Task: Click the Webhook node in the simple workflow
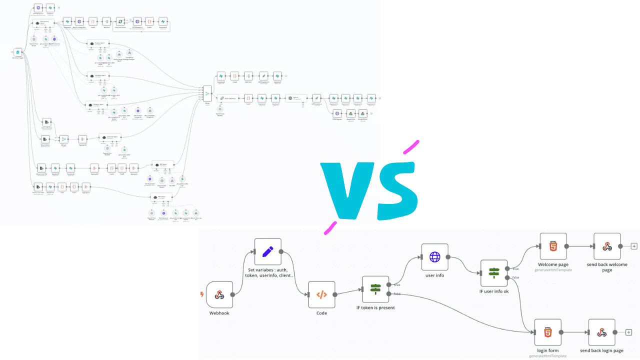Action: [x=219, y=294]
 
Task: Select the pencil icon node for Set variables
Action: [x=268, y=251]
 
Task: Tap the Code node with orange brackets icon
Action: [x=321, y=294]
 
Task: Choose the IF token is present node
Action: [x=375, y=289]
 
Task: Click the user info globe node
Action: [x=434, y=257]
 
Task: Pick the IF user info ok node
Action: [x=494, y=273]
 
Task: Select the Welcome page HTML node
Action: [x=553, y=246]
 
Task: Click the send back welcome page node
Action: [x=607, y=246]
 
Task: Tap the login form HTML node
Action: [x=547, y=332]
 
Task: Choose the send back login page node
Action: [x=601, y=332]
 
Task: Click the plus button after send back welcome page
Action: [x=634, y=246]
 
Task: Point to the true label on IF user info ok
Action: [x=515, y=268]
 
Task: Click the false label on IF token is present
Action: [x=397, y=294]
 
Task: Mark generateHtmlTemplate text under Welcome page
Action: [x=553, y=270]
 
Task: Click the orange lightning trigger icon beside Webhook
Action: [x=202, y=294]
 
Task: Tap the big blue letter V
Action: [x=345, y=190]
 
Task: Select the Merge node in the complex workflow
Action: [x=207, y=93]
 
